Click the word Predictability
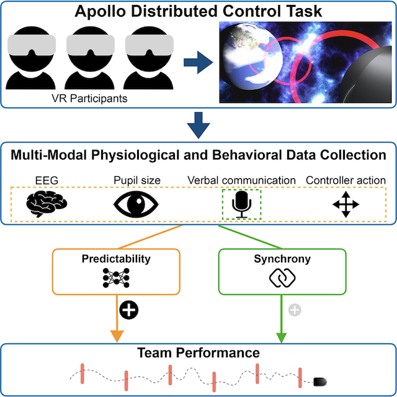coord(117,257)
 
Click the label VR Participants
coord(88,97)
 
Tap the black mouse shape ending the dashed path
coord(321,380)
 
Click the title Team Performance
coord(198,354)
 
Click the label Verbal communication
coord(242,181)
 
